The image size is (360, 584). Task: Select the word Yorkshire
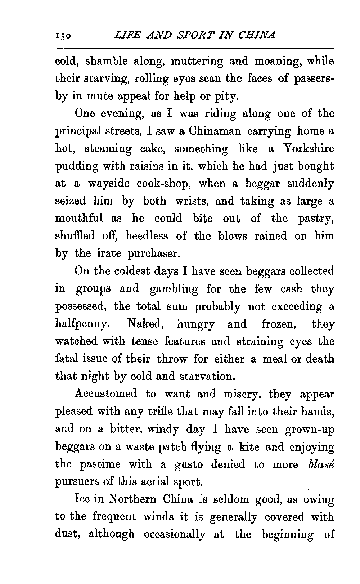(309, 149)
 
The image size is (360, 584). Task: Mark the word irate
(109, 254)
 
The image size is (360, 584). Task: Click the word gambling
(174, 289)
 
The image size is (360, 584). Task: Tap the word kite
(247, 447)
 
